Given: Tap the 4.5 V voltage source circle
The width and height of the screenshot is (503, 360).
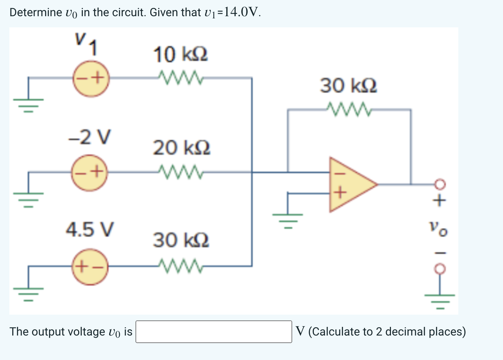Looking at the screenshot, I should tap(90, 267).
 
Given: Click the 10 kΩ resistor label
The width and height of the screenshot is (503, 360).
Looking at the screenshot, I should tap(180, 55).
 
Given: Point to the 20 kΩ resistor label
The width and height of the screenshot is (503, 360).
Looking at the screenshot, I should tap(181, 148).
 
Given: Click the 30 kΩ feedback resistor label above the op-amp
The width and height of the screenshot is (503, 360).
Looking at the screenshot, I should tap(348, 86).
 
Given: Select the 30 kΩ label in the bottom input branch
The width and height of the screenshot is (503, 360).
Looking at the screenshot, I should tap(181, 240).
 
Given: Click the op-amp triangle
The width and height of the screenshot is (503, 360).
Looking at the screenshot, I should tap(350, 184).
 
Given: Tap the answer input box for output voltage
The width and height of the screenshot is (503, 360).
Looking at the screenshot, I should tap(214, 332).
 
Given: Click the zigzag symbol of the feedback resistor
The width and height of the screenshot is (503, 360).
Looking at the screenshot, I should tap(348, 109).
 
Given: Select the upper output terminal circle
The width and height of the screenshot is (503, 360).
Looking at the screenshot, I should tap(440, 184).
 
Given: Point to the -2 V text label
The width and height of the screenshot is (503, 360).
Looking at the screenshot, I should tap(90, 137).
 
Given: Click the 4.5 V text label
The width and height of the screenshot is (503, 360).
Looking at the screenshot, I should tap(90, 229).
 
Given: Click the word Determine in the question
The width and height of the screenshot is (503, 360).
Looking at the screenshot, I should tap(35, 12).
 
